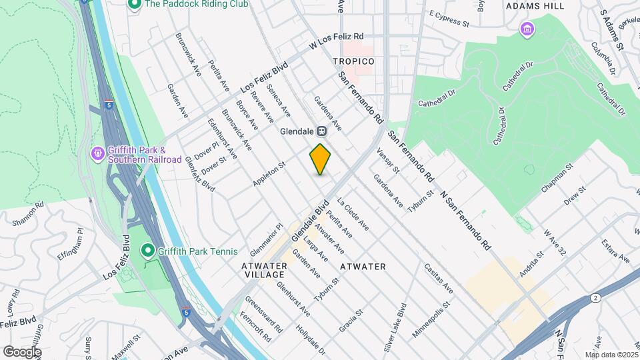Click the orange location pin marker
pyautogui.click(x=320, y=159)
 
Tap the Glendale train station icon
pyautogui.click(x=321, y=131)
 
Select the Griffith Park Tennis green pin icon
pyautogui.click(x=147, y=251)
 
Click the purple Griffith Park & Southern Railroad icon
pyautogui.click(x=98, y=154)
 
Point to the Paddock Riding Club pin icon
pyautogui.click(x=134, y=4)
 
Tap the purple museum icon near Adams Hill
pyautogui.click(x=527, y=29)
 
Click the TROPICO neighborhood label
pyautogui.click(x=353, y=61)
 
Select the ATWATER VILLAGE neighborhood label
pyautogui.click(x=264, y=270)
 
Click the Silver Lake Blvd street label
pyautogui.click(x=395, y=319)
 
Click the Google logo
pyautogui.click(x=22, y=351)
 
